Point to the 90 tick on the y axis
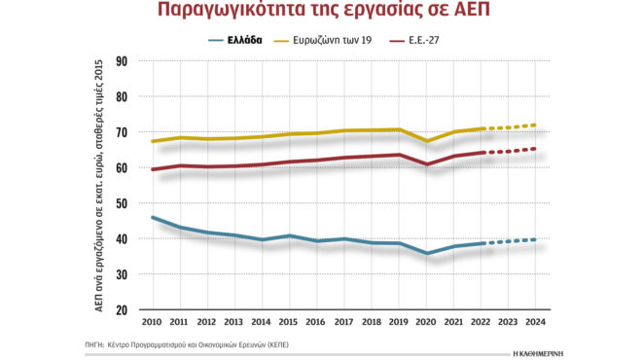pos(122,61)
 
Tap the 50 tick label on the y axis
pos(122,203)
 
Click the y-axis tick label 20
pos(122,310)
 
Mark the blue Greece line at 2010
pos(153,218)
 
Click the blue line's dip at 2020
pos(426,254)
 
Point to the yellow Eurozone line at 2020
pos(426,141)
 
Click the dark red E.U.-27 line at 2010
pos(153,169)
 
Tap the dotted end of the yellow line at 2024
pos(534,126)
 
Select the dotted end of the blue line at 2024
pos(534,239)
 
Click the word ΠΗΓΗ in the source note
pos(93,345)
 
